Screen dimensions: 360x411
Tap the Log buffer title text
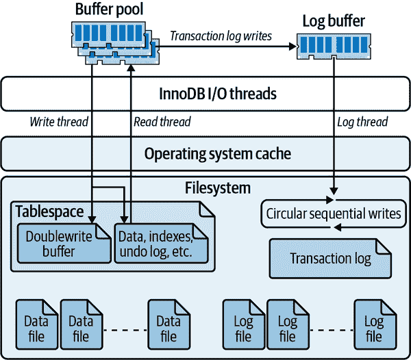334,21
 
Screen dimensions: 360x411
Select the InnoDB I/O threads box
205,93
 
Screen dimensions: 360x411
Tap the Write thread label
58,123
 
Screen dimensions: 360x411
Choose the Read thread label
162,123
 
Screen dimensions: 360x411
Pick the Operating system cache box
205,153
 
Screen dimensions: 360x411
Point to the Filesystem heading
218,188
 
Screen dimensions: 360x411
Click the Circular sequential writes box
332,214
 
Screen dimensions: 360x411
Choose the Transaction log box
330,258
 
